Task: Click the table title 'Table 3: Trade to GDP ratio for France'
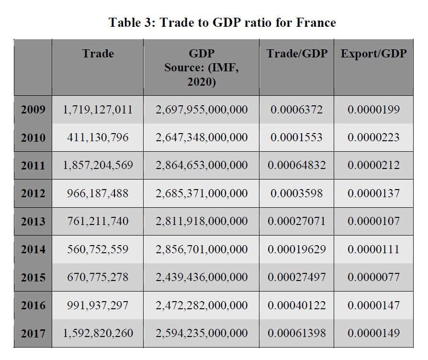222,22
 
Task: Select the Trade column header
98,54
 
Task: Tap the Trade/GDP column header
297,54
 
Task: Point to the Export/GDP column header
373,54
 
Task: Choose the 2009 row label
33,110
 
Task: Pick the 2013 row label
33,222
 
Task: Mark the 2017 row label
33,333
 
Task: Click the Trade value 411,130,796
98,138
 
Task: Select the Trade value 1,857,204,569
98,166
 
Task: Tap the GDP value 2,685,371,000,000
202,193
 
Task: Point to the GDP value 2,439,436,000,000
202,277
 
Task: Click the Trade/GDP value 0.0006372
297,110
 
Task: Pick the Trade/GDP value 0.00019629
297,249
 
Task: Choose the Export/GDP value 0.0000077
373,277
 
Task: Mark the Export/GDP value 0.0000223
373,138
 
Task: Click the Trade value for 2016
98,305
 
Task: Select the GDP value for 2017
202,333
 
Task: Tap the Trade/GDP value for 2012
297,193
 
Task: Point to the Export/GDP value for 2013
373,222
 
